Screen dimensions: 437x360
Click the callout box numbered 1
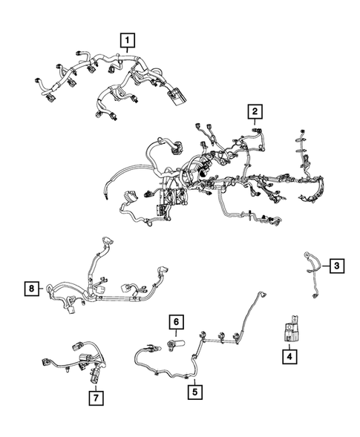tap(128, 39)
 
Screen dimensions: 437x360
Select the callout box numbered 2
tap(255, 111)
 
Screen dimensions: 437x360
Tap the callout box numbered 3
tap(336, 266)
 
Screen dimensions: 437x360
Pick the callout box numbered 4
tap(289, 357)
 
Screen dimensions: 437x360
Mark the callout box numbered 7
tap(96, 397)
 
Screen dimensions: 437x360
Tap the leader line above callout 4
tap(289, 345)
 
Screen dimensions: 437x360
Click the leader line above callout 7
tap(96, 384)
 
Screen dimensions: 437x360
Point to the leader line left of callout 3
tap(321, 265)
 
